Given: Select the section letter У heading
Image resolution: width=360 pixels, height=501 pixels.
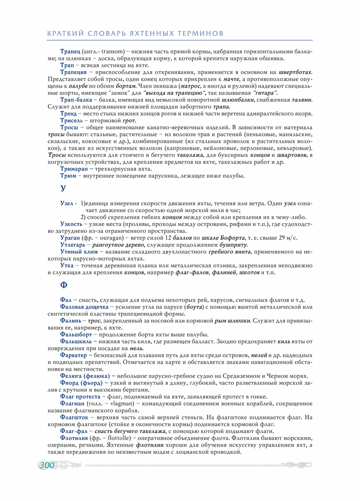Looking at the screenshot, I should (63, 189).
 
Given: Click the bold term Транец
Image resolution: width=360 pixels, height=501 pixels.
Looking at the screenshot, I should (70, 51).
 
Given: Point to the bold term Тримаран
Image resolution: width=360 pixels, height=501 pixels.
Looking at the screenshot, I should (74, 168).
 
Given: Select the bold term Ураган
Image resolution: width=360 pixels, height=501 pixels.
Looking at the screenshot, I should (70, 238).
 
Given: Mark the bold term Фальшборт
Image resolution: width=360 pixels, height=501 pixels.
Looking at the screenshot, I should (76, 334).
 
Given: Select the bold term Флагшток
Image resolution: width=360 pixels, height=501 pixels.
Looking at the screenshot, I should (75, 417).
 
